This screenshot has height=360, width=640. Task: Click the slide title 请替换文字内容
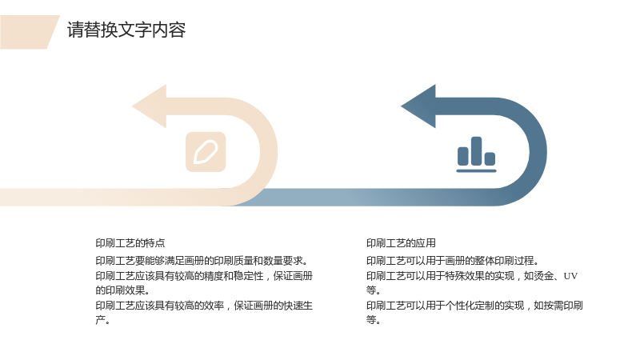pyautogui.click(x=126, y=30)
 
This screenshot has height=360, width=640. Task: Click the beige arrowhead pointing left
pyautogui.click(x=150, y=106)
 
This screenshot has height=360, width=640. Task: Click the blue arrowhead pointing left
pyautogui.click(x=418, y=106)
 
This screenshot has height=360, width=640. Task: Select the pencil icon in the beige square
pyautogui.click(x=206, y=152)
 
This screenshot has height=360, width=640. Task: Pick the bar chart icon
pyautogui.click(x=476, y=154)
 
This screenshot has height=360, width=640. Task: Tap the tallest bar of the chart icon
pyautogui.click(x=476, y=151)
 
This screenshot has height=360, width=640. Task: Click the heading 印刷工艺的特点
pyautogui.click(x=130, y=243)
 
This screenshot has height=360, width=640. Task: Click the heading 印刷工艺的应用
pyautogui.click(x=401, y=243)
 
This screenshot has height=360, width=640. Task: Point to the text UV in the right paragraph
pyautogui.click(x=570, y=276)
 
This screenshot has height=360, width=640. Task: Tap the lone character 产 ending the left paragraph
pyautogui.click(x=101, y=320)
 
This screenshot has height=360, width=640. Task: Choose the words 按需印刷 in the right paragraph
pyautogui.click(x=563, y=306)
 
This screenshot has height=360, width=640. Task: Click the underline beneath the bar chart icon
pyautogui.click(x=476, y=170)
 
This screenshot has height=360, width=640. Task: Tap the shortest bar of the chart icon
pyautogui.click(x=490, y=158)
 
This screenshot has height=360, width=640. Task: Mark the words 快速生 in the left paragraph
pyautogui.click(x=298, y=306)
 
